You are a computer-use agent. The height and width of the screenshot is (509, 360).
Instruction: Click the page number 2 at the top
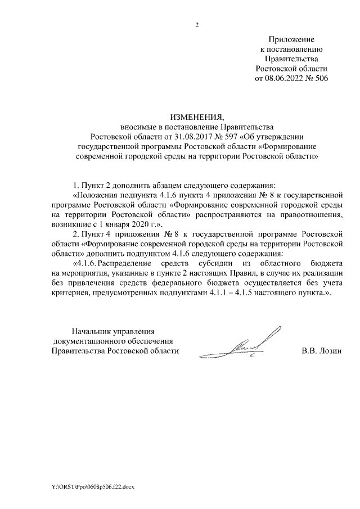[197, 25]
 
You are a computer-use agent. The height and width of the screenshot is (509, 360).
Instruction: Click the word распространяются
[240, 214]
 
